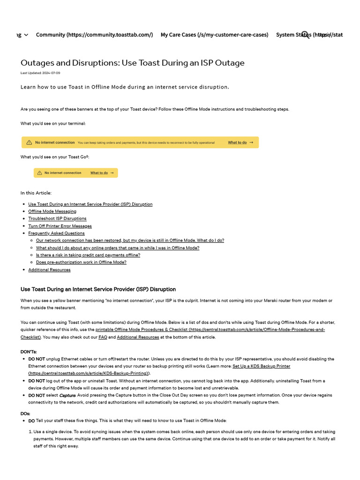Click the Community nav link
[x=94, y=35]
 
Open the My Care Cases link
[x=214, y=35]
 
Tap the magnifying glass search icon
[x=305, y=35]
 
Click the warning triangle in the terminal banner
[x=29, y=142]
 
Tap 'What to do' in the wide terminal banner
[x=237, y=142]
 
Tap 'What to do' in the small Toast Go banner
[x=99, y=173]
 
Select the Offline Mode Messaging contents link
[x=52, y=211]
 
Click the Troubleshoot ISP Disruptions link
[x=57, y=218]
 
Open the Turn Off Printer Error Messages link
[x=60, y=226]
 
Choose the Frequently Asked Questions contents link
[x=56, y=233]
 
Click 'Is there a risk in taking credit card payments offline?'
[x=88, y=255]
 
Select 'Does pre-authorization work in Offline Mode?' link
[x=81, y=262]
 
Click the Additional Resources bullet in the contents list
[x=49, y=270]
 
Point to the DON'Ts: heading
[x=29, y=352]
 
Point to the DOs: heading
[x=25, y=414]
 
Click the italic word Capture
[x=67, y=395]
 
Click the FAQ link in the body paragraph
[x=103, y=337]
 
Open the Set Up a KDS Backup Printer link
[x=261, y=366]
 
